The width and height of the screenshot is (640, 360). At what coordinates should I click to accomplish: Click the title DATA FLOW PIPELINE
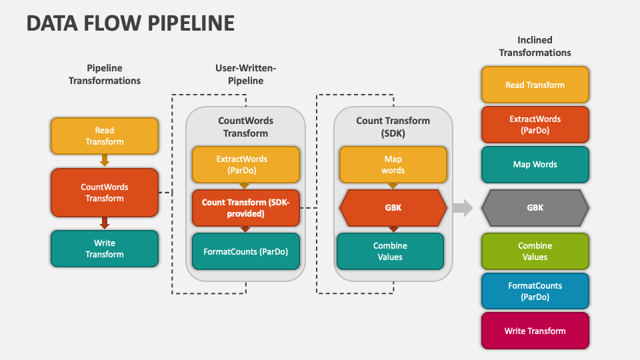pyautogui.click(x=131, y=23)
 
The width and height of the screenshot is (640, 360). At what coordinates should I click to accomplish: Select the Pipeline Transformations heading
pyautogui.click(x=105, y=74)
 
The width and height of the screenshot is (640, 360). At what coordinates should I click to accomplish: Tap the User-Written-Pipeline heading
pyautogui.click(x=246, y=74)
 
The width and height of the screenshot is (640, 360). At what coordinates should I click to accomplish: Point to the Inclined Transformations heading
pyautogui.click(x=535, y=46)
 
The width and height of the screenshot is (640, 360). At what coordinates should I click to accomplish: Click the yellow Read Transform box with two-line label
pyautogui.click(x=105, y=136)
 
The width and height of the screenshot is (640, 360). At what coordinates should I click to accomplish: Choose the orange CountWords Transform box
pyautogui.click(x=105, y=193)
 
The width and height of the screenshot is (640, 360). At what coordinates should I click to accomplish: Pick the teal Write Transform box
pyautogui.click(x=105, y=249)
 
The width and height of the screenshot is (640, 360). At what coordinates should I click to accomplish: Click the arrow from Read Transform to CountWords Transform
pyautogui.click(x=105, y=161)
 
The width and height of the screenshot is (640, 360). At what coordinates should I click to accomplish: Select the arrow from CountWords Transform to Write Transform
pyautogui.click(x=105, y=223)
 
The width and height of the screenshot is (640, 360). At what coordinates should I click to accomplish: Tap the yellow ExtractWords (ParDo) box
pyautogui.click(x=246, y=165)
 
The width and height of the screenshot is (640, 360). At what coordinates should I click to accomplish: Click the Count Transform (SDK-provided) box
pyautogui.click(x=246, y=208)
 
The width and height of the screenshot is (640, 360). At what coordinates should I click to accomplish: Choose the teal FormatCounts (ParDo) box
pyautogui.click(x=246, y=251)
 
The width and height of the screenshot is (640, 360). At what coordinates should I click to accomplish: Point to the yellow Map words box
pyautogui.click(x=393, y=165)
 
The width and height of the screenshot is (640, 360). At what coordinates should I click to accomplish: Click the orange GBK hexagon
pyautogui.click(x=393, y=208)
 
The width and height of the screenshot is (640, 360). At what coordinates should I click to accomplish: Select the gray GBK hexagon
pyautogui.click(x=535, y=208)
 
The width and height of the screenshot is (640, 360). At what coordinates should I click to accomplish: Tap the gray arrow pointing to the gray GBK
pyautogui.click(x=463, y=208)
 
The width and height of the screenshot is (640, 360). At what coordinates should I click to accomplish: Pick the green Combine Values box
pyautogui.click(x=535, y=251)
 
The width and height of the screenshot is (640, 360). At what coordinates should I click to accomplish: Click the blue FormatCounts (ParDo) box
pyautogui.click(x=535, y=291)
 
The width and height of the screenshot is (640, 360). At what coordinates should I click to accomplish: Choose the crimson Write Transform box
pyautogui.click(x=535, y=331)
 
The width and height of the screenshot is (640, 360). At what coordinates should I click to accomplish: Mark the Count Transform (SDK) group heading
pyautogui.click(x=393, y=127)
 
